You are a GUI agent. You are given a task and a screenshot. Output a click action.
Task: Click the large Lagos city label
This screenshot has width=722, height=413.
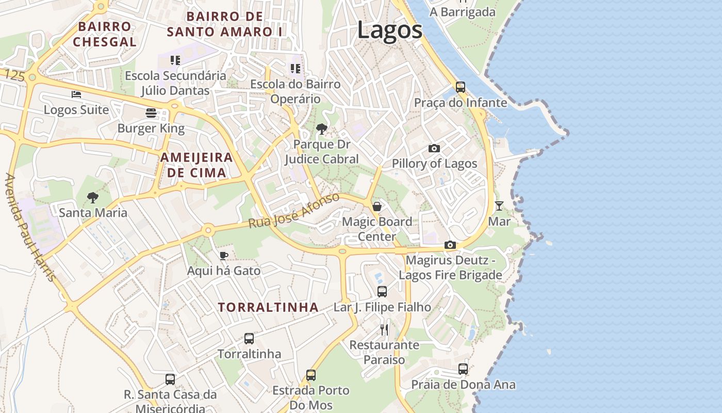[390, 30]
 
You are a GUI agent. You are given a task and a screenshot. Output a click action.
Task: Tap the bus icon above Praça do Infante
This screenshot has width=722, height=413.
[461, 87]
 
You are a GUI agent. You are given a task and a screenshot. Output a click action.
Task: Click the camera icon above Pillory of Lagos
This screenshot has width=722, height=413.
[434, 149]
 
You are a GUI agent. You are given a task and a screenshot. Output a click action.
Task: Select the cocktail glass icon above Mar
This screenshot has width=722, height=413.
[499, 206]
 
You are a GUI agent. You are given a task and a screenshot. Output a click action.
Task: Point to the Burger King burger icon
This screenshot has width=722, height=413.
[151, 113]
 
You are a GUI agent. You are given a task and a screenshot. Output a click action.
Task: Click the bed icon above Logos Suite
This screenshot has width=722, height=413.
[76, 94]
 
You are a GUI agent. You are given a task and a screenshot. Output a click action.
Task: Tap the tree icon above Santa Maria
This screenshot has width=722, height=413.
[93, 197]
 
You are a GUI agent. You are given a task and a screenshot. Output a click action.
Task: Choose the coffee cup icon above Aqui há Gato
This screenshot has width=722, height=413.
[223, 256]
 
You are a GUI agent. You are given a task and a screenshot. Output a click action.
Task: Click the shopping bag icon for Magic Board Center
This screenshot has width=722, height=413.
[377, 206]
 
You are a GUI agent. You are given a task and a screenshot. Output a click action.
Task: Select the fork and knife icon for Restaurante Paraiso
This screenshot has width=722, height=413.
[384, 329]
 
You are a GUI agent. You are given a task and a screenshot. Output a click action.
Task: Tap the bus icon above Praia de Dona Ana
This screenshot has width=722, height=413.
[463, 369]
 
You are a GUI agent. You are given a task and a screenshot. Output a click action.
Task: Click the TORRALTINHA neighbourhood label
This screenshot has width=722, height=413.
[268, 307]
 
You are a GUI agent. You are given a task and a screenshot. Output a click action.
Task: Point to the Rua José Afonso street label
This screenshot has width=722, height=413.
[294, 211]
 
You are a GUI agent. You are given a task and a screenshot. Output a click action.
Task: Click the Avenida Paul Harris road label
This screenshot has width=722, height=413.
[30, 227]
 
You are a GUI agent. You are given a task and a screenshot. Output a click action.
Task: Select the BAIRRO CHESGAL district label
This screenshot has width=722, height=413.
[105, 34]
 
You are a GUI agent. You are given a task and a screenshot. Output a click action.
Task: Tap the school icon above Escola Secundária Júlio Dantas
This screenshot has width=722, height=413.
[175, 60]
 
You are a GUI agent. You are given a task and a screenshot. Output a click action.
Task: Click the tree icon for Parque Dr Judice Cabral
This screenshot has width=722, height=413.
[321, 129]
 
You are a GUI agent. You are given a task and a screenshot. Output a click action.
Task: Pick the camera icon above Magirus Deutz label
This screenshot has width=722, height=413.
[450, 245]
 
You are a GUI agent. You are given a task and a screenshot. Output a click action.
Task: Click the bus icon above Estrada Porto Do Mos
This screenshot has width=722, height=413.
[310, 375]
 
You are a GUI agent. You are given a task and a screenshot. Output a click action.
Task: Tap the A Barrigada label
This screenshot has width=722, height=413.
[463, 12]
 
